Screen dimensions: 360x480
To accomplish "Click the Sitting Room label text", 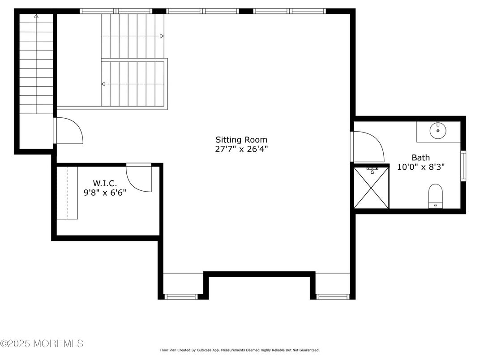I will [x=241, y=140].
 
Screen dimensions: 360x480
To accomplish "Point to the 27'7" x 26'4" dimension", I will [x=241, y=149].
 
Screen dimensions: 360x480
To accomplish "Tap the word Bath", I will [x=420, y=158].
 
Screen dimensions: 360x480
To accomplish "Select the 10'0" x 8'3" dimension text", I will [x=420, y=167].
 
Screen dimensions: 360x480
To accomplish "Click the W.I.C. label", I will [x=105, y=183].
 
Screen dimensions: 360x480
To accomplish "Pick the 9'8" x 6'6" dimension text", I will [x=105, y=193].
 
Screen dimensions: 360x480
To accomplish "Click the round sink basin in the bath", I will [x=437, y=131].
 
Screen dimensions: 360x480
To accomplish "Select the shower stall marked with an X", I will [x=371, y=188].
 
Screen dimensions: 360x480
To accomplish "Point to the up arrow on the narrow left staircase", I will [x=36, y=18].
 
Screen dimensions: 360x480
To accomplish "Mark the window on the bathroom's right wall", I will [x=463, y=166].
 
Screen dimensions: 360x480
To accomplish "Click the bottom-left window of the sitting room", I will [x=181, y=296].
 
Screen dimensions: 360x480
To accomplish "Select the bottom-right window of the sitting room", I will [x=333, y=296].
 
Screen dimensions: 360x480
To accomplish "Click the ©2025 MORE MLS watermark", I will [x=42, y=344].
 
